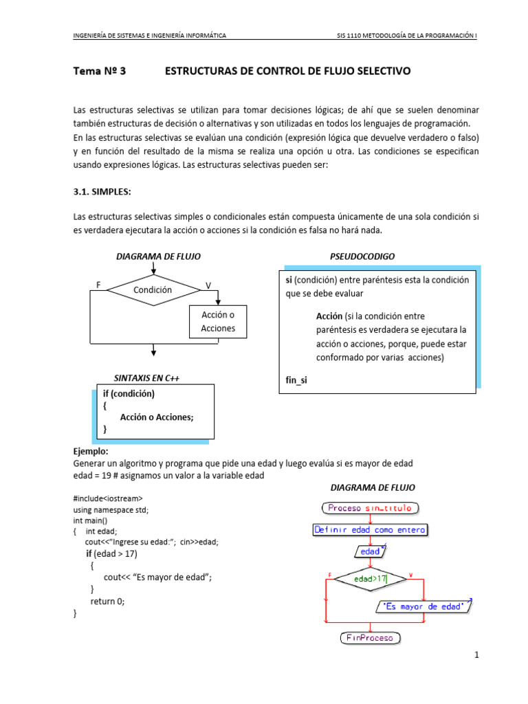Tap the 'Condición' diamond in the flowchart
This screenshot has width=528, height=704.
coord(153,290)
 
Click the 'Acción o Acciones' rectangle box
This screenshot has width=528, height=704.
coord(218,321)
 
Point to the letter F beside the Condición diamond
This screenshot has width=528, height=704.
coord(98,285)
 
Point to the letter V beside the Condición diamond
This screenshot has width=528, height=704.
coord(208,285)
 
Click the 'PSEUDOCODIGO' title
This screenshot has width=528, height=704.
coord(362,256)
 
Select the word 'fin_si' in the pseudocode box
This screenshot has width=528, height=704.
coord(297,379)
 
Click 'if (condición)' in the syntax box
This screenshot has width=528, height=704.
coord(129,394)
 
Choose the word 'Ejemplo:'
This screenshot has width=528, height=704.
coord(91,452)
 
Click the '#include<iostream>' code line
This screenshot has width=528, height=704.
coord(109,498)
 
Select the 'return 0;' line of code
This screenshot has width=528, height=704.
coord(108,601)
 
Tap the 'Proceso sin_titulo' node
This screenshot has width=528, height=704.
coord(369,508)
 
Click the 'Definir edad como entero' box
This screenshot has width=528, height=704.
coord(370,530)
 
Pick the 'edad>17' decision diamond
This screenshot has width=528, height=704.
coord(371,580)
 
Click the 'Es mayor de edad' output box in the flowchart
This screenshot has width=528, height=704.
coord(423,606)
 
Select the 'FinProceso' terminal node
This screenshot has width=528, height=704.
coord(370,638)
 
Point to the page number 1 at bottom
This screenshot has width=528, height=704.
coord(476,656)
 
